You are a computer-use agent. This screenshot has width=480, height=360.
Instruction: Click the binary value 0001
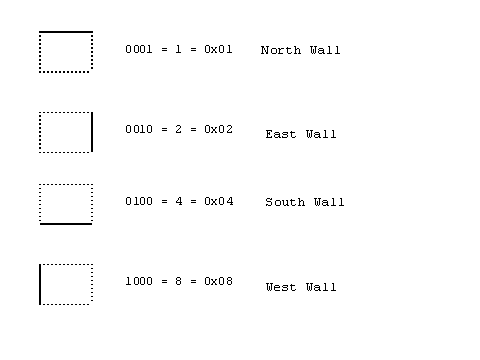tap(138, 48)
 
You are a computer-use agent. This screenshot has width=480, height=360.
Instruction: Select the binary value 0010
tap(138, 129)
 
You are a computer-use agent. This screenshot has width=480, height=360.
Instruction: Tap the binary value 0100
tap(138, 201)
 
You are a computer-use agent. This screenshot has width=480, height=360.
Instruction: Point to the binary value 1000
tap(138, 281)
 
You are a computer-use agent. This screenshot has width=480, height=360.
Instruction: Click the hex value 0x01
tap(218, 48)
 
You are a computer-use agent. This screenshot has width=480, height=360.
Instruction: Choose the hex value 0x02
tap(218, 129)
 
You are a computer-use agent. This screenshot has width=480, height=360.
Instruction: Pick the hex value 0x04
tap(218, 201)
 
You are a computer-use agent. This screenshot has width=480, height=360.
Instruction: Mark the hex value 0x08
tap(218, 281)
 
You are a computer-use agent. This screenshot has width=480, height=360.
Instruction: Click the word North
tap(280, 50)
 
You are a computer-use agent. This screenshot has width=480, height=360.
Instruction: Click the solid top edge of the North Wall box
tap(66, 32)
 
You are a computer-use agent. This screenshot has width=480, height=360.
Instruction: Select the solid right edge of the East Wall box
tap(92, 132)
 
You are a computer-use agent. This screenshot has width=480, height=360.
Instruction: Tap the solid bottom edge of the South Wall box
tap(66, 223)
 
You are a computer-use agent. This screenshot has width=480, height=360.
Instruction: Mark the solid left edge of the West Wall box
tap(40, 284)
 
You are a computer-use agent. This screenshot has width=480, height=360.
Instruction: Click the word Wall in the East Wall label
tap(321, 134)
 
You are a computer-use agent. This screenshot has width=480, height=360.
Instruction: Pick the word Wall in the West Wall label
tap(321, 288)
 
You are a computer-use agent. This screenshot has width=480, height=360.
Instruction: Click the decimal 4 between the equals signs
tap(179, 201)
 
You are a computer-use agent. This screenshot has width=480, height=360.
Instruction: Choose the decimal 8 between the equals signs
tap(179, 281)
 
